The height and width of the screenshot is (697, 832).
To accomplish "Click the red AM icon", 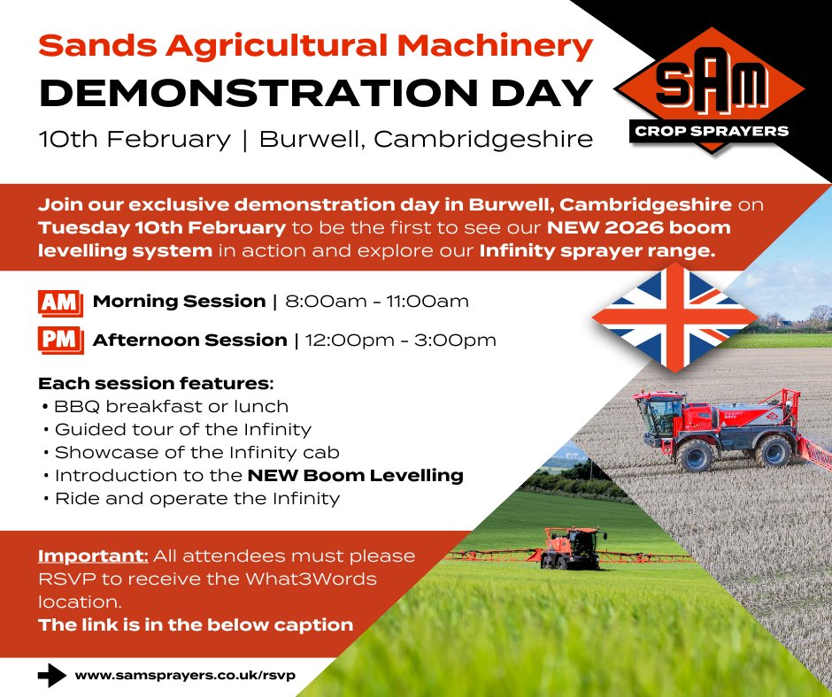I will pyautogui.click(x=60, y=303).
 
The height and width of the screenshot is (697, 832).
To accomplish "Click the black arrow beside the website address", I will pyautogui.click(x=52, y=675).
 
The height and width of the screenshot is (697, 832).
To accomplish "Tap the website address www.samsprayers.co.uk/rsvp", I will pyautogui.click(x=185, y=675).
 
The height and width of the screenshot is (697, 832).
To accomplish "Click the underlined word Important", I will pyautogui.click(x=92, y=556).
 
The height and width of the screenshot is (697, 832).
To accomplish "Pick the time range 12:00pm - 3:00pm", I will pyautogui.click(x=399, y=340).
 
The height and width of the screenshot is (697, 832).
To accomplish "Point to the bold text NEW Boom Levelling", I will pyautogui.click(x=355, y=475).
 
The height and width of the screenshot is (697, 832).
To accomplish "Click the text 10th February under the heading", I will pyautogui.click(x=132, y=140).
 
